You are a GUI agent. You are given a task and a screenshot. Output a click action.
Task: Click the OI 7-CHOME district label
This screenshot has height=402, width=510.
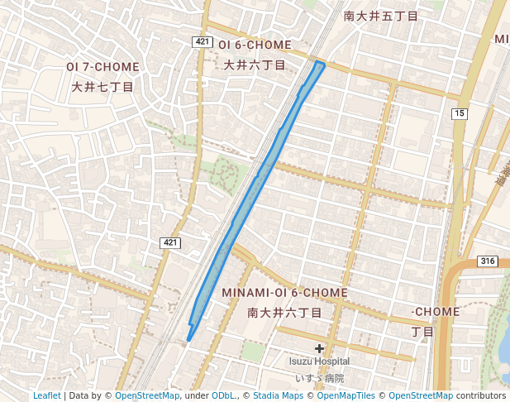tap(103, 66)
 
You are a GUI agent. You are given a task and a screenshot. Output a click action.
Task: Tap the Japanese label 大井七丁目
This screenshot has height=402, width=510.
tap(103, 85)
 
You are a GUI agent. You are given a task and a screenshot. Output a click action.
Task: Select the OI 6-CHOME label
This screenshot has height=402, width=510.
tap(255, 45)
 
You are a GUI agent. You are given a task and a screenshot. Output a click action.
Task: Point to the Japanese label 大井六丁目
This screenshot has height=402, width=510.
tap(255, 64)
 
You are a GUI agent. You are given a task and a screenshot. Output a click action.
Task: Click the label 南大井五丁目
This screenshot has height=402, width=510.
tap(380, 16)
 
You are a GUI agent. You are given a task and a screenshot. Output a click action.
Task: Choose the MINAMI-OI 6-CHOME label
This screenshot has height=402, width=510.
tap(284, 294)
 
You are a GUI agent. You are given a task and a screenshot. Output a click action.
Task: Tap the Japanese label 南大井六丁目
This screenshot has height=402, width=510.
tap(284, 313)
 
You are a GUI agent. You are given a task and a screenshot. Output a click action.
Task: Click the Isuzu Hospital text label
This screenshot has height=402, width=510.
tap(319, 361)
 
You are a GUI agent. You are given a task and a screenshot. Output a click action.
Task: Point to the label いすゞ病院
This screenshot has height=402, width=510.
tap(319, 378)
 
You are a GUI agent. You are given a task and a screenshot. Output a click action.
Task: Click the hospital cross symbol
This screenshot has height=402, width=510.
tap(319, 349)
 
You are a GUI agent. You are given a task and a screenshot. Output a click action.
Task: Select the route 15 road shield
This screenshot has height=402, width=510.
tap(460, 112)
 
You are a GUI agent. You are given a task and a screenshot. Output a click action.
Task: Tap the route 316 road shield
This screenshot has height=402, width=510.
tap(488, 261)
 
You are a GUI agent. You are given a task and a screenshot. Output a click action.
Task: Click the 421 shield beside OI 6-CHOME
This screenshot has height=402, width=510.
tap(203, 41)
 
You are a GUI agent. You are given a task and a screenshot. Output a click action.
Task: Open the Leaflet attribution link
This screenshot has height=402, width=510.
tap(46, 395)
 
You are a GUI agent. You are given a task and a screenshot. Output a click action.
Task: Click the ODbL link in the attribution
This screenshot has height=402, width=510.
tap(223, 395)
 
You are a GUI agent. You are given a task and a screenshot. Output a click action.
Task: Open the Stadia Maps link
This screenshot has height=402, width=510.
tap(279, 395)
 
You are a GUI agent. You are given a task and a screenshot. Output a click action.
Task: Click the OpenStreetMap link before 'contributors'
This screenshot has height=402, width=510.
tap(421, 395)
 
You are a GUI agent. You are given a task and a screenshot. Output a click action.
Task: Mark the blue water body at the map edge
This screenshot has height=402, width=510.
tap(504, 347)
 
